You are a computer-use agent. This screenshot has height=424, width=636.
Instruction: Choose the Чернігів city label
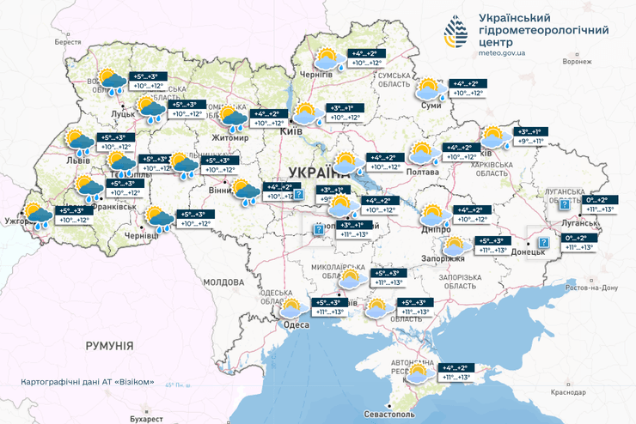click(315, 75)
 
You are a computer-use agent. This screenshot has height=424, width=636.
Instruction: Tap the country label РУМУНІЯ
click(109, 345)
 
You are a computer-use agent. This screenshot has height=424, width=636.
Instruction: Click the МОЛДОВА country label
click(224, 282)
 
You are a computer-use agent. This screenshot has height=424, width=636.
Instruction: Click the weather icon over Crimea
click(419, 372)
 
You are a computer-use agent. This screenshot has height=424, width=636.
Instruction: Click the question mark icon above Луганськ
click(564, 205)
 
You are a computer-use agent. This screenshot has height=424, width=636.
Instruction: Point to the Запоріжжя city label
click(444, 257)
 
